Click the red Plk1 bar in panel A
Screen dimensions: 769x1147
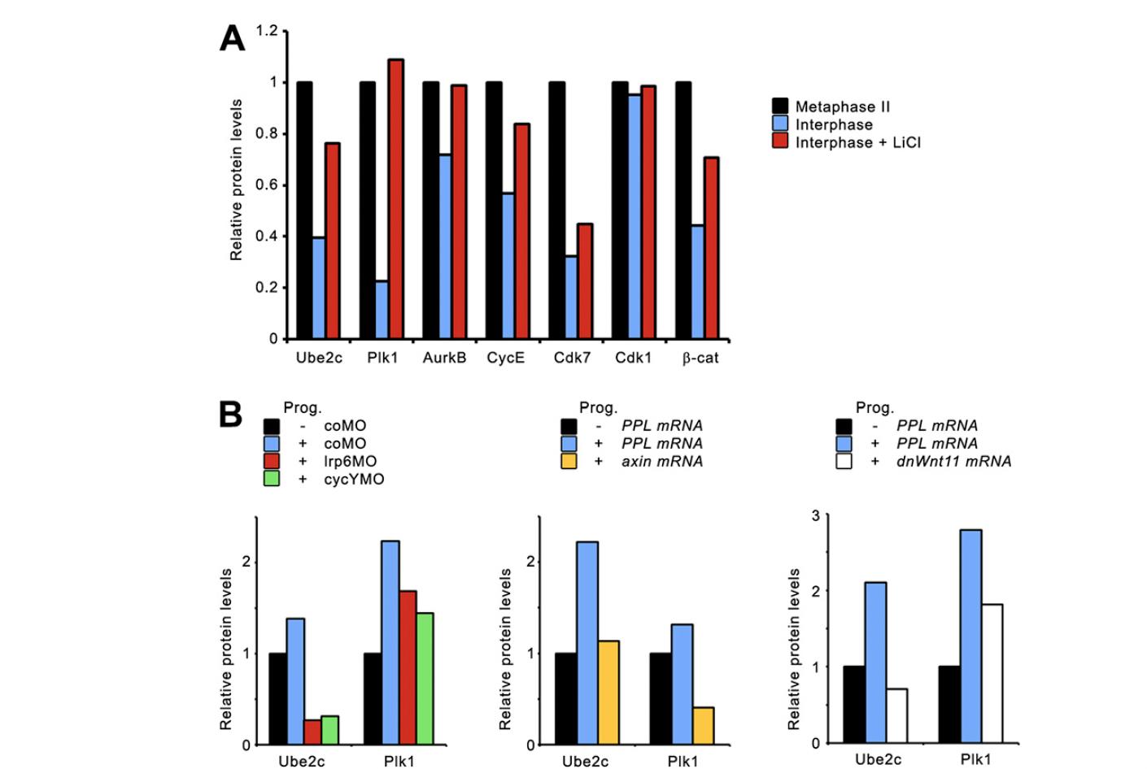coord(396,199)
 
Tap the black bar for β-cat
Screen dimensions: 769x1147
coord(683,210)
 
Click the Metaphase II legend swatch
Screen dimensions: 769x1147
coord(780,106)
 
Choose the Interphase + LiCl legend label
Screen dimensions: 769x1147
coord(857,142)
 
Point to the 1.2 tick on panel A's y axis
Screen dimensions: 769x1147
coord(267,31)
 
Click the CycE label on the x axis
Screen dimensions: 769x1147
coord(506,358)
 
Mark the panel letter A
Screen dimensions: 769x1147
coord(232,38)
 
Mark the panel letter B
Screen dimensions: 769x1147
coord(230,415)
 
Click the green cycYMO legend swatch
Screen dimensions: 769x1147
coord(272,479)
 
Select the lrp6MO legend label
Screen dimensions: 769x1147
coord(350,461)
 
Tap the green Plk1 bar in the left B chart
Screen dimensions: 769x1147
coord(425,679)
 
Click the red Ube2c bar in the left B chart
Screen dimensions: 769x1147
coord(312,732)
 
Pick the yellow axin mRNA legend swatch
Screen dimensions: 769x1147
coord(569,461)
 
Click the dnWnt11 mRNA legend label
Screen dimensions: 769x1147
coord(953,461)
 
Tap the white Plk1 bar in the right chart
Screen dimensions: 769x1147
coord(992,673)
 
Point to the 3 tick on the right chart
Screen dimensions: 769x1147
coord(815,515)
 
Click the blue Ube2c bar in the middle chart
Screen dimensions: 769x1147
coord(587,643)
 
